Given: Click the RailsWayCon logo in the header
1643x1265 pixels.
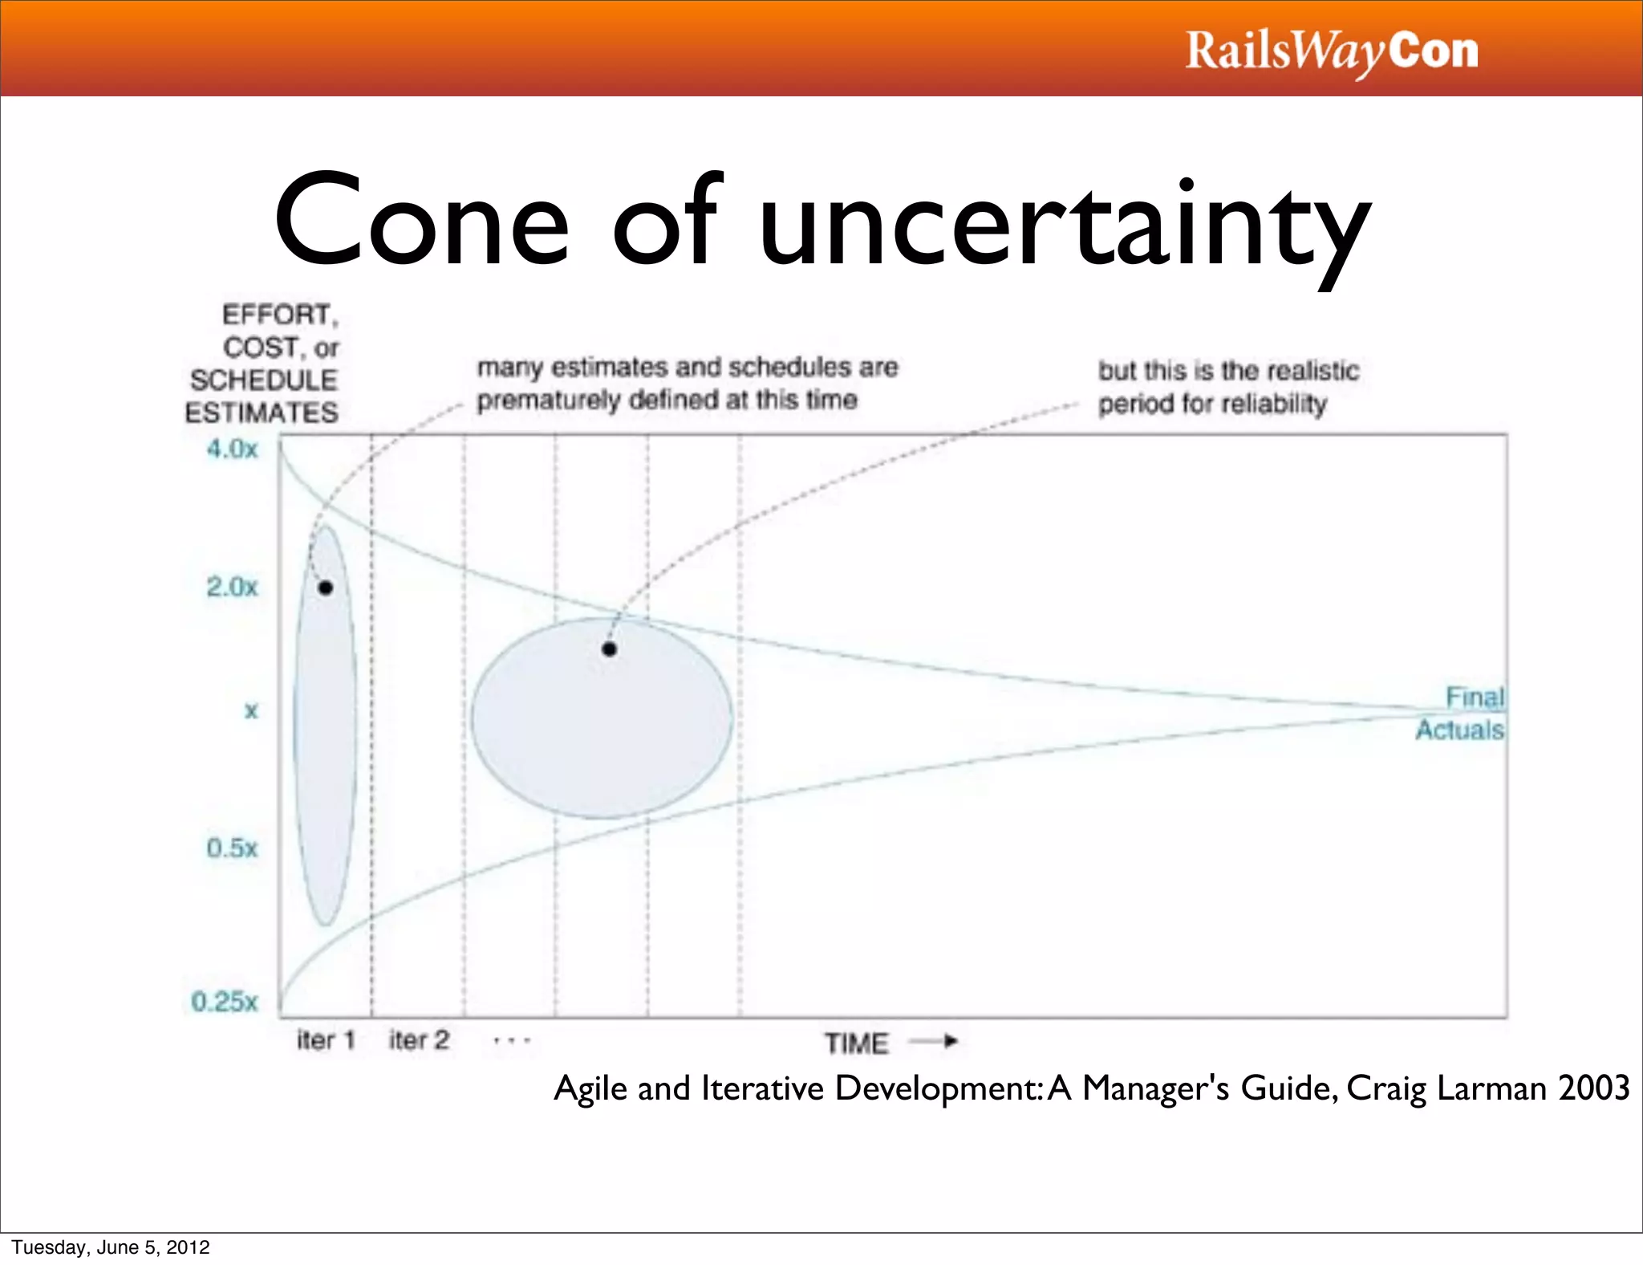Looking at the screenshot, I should click(x=1332, y=51).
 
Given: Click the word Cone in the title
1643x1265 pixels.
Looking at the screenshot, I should click(x=421, y=220).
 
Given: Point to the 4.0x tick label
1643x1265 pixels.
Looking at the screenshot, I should click(x=233, y=449).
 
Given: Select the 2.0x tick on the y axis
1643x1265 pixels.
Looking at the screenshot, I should click(x=233, y=587).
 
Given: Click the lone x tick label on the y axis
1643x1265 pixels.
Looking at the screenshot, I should click(x=251, y=710).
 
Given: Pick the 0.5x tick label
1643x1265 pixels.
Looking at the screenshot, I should click(x=233, y=848).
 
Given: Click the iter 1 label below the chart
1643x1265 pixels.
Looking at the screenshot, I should click(x=326, y=1040).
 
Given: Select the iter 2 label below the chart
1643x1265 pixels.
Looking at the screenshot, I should click(x=419, y=1040).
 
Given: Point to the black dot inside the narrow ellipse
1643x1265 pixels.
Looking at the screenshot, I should click(x=326, y=588).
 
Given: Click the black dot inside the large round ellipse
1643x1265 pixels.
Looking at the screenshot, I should click(x=610, y=649).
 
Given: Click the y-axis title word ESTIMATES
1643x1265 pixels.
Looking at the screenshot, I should click(x=262, y=413).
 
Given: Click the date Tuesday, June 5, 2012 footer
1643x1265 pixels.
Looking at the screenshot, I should click(x=111, y=1247).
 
